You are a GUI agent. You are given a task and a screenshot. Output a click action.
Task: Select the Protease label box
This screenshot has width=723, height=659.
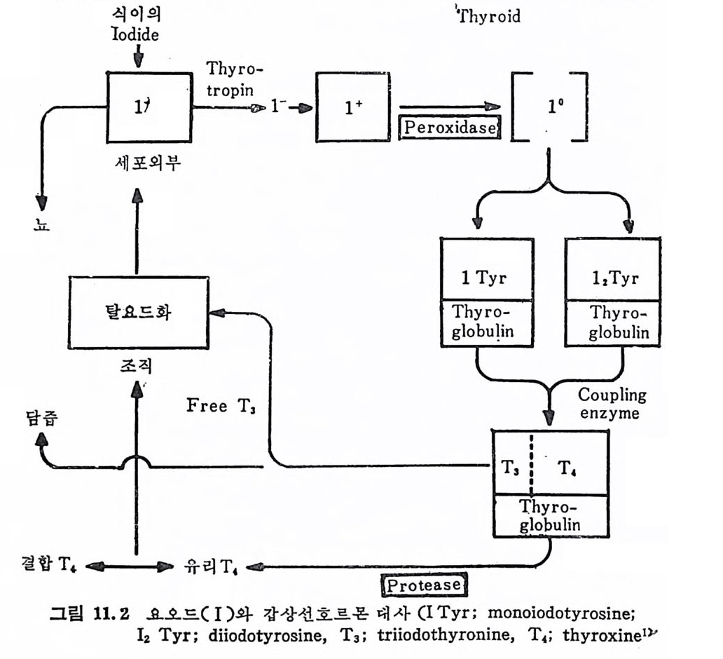click(424, 584)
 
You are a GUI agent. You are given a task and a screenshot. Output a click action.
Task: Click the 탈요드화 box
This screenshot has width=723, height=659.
click(138, 312)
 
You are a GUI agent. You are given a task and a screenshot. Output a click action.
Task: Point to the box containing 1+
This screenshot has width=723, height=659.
click(352, 107)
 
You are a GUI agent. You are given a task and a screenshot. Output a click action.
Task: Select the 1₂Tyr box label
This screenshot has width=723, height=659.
click(612, 278)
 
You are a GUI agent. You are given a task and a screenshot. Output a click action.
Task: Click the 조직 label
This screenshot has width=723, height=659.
click(137, 365)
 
